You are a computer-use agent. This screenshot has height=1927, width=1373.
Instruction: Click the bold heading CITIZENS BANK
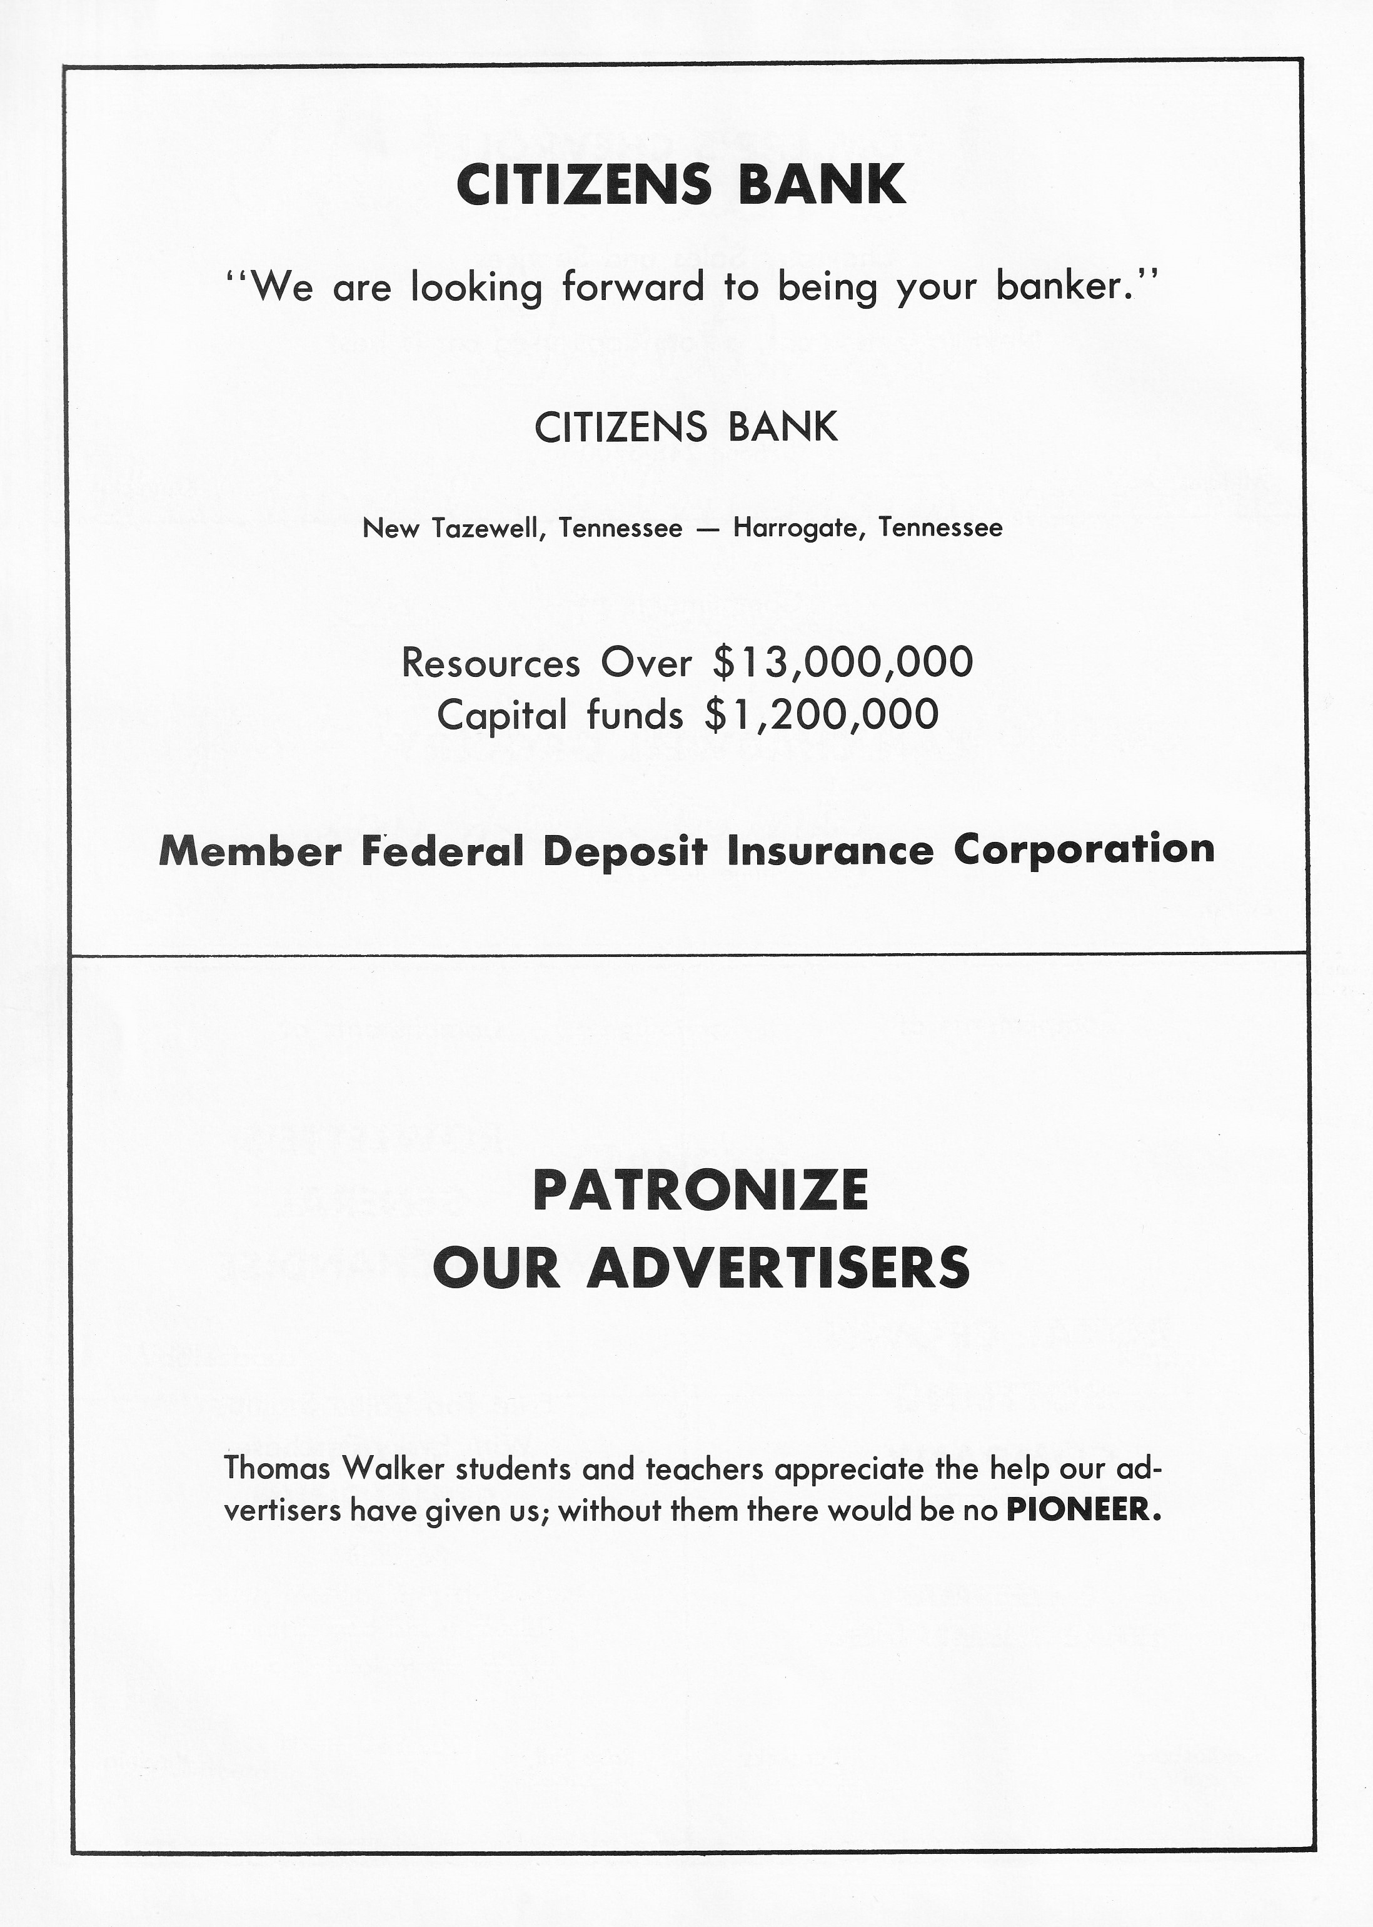click(x=681, y=185)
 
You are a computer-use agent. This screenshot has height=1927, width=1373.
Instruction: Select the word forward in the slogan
click(x=632, y=288)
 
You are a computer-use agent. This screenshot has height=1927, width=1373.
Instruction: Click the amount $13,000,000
click(x=842, y=662)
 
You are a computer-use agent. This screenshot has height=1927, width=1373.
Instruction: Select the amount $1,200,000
click(x=821, y=715)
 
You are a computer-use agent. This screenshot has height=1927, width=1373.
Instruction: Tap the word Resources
click(x=490, y=662)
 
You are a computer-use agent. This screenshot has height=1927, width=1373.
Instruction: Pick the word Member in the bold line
click(x=249, y=850)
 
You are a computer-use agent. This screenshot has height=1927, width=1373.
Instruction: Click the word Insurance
click(x=830, y=850)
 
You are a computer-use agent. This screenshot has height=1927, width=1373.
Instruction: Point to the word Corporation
click(x=1084, y=849)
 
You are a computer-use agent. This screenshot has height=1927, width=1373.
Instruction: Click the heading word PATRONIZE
click(x=700, y=1190)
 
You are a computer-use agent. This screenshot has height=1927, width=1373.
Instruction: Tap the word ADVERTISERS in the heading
click(x=778, y=1268)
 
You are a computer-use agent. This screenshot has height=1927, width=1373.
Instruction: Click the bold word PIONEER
click(x=1083, y=1510)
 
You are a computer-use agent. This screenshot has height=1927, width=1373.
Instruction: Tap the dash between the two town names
click(x=708, y=529)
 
